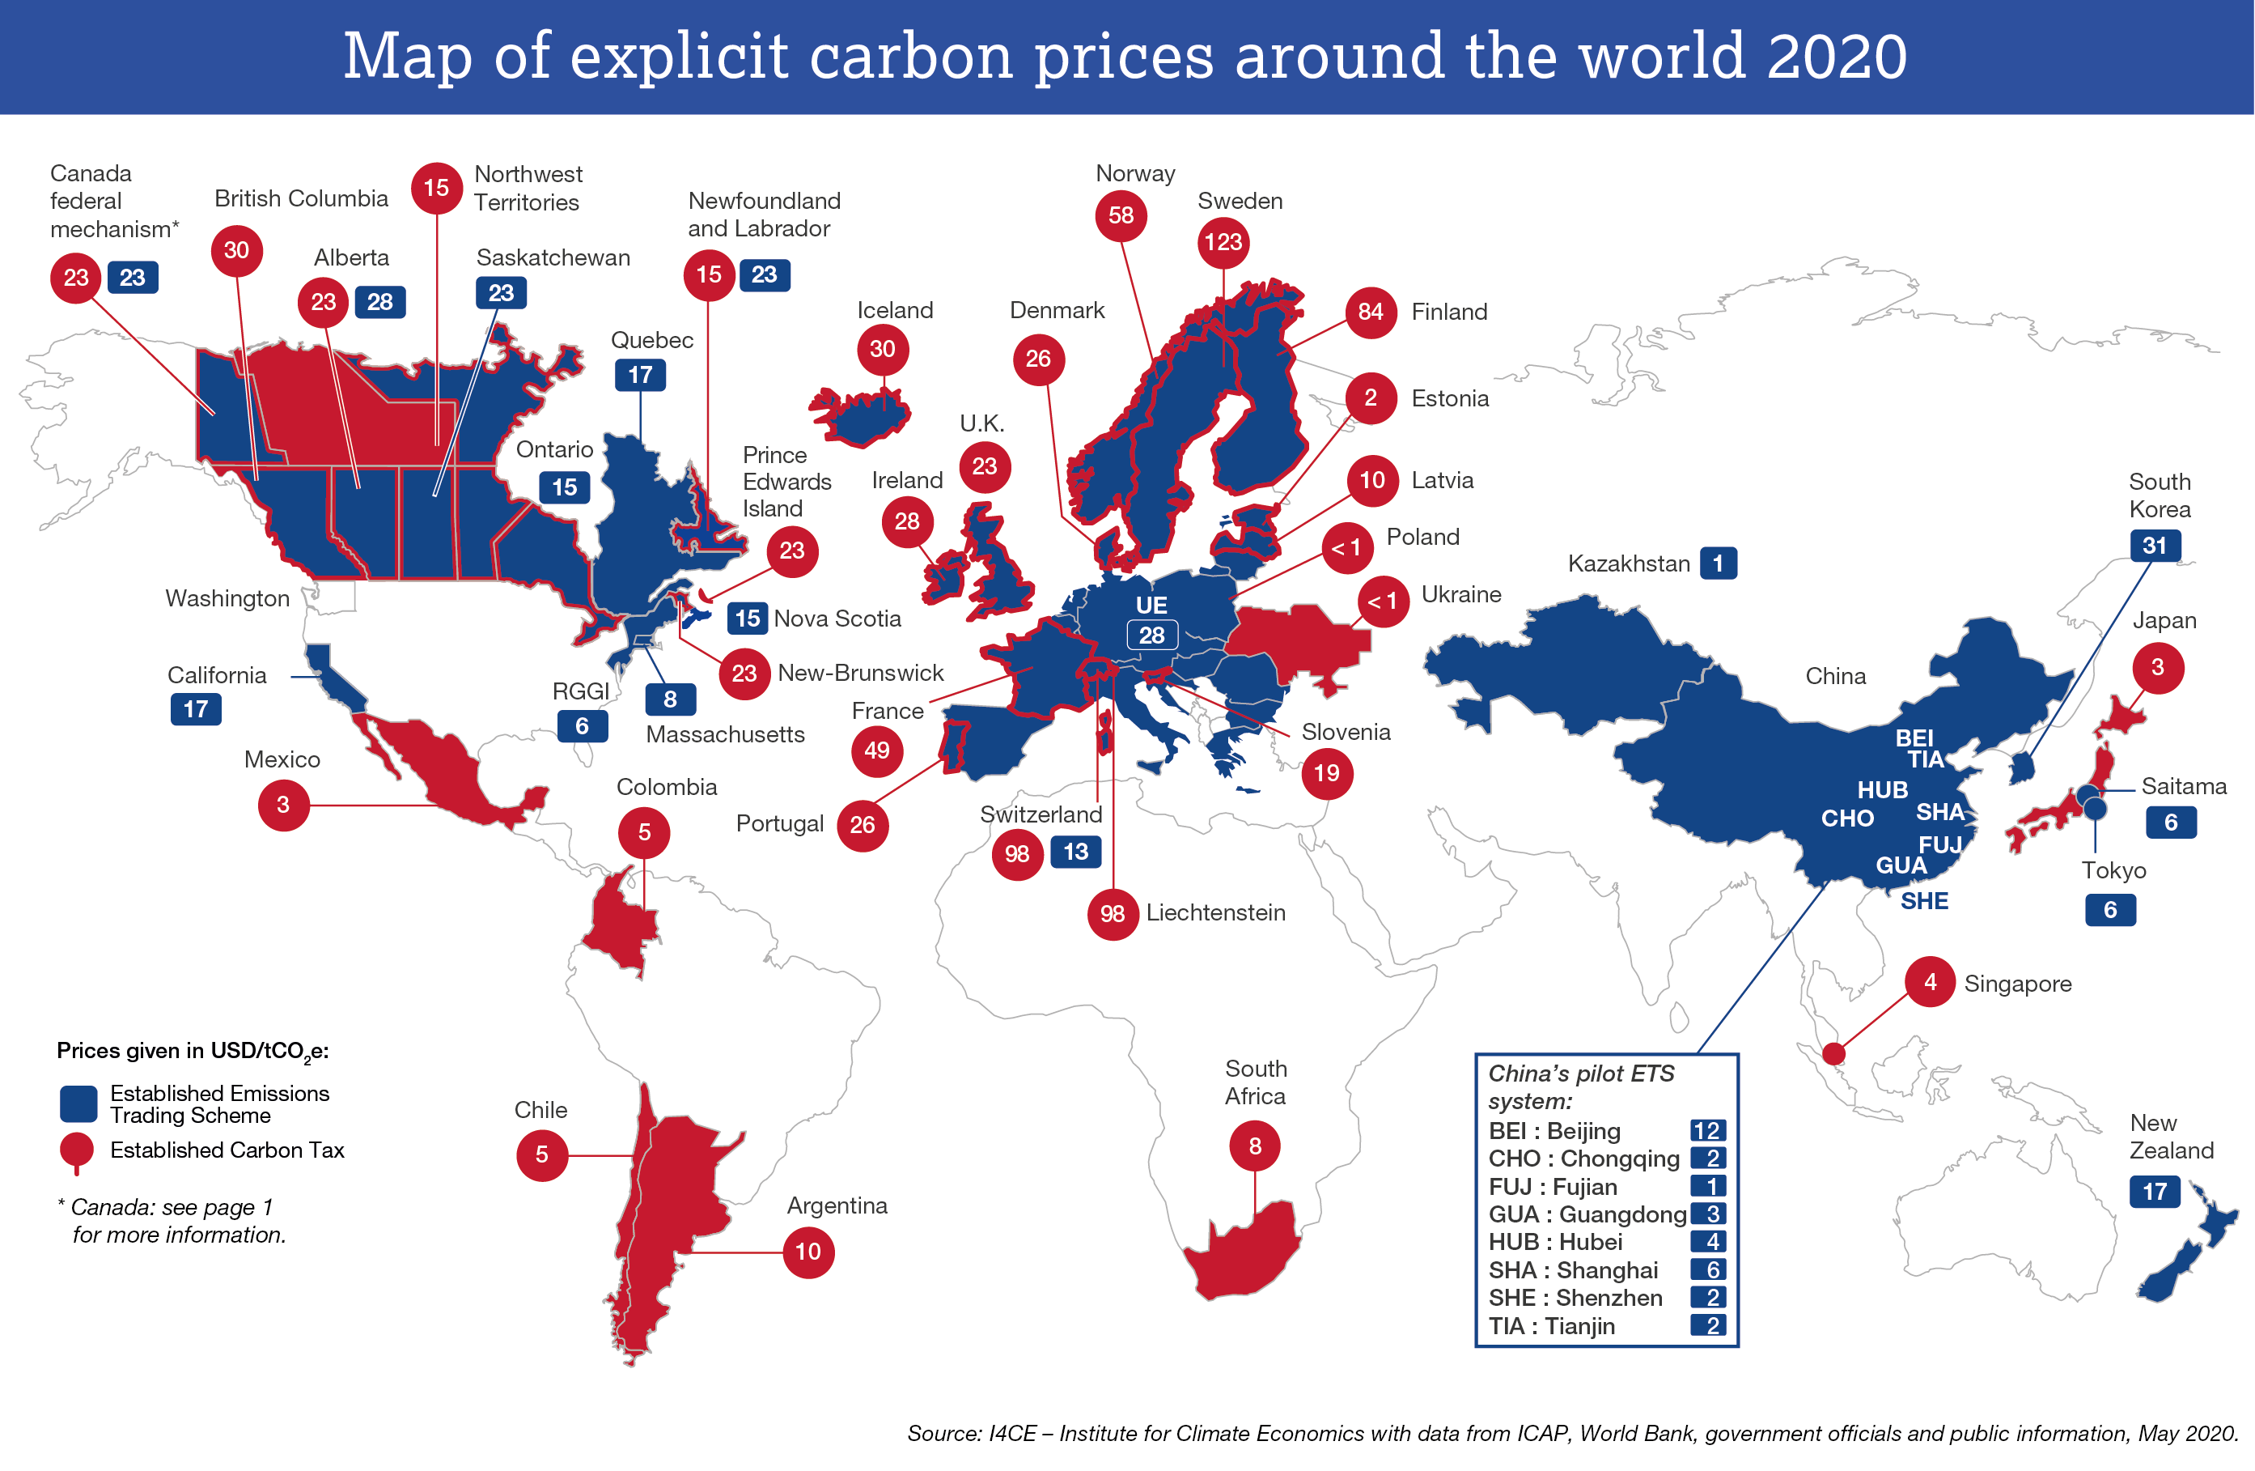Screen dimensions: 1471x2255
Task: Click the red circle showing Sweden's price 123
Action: tap(1223, 243)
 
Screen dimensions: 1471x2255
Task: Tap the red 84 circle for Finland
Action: tap(1370, 312)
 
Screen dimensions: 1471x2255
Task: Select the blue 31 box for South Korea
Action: tap(2155, 546)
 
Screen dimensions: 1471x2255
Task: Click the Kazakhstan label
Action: tap(1628, 564)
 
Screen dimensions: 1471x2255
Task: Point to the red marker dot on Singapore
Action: tap(1833, 1053)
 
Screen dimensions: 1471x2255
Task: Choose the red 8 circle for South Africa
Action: tap(1254, 1146)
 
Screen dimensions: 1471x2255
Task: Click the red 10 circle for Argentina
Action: tap(808, 1252)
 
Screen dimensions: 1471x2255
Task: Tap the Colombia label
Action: tap(666, 787)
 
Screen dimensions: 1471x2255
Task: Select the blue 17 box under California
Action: tap(196, 709)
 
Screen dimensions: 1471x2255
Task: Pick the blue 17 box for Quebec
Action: tap(641, 376)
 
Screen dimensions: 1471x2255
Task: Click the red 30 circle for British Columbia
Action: tap(237, 250)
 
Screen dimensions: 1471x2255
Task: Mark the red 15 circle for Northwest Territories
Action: tap(437, 188)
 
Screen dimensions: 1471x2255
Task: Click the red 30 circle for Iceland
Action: tap(882, 349)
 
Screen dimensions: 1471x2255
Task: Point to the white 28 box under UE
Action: tap(1151, 635)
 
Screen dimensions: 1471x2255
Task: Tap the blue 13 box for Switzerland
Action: tap(1075, 851)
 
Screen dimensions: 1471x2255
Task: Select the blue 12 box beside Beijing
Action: tap(1707, 1131)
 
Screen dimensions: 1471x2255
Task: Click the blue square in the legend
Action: tap(78, 1103)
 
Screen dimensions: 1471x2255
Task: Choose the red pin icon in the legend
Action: tap(77, 1150)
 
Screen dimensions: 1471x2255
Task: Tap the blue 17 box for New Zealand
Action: tap(2155, 1192)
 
